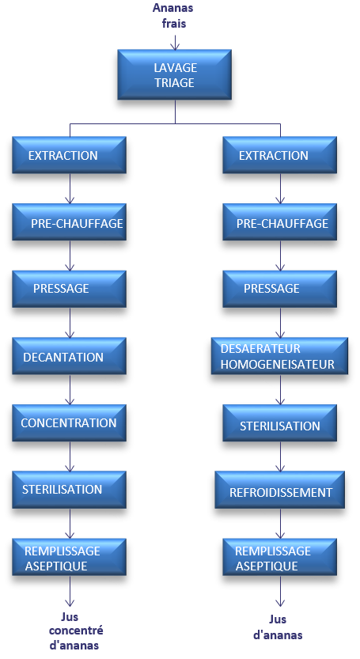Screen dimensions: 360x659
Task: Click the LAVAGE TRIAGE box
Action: click(x=175, y=75)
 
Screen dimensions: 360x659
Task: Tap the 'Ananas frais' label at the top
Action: click(x=173, y=16)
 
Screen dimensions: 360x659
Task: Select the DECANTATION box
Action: click(x=70, y=356)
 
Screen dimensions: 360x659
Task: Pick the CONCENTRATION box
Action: click(x=70, y=422)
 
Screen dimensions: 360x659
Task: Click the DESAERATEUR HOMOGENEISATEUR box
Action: click(x=279, y=356)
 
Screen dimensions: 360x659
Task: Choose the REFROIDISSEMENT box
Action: click(x=279, y=490)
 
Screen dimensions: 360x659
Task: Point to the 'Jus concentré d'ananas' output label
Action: click(x=76, y=631)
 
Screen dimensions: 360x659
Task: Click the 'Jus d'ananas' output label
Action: click(x=278, y=627)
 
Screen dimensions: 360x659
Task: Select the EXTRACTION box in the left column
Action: click(x=70, y=155)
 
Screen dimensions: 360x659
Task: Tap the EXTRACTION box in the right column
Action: click(x=279, y=155)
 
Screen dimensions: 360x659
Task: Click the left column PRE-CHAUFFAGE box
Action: click(x=70, y=222)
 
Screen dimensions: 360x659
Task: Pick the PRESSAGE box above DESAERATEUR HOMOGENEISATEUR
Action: click(x=279, y=289)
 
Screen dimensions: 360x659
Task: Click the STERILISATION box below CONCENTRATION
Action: click(x=70, y=490)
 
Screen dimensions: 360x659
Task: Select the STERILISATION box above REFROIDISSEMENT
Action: click(x=279, y=422)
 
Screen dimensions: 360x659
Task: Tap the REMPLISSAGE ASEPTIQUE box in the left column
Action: click(x=70, y=557)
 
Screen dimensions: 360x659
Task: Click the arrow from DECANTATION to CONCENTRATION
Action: click(x=70, y=389)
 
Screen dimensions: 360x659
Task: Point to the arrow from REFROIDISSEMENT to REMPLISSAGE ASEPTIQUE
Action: click(x=280, y=524)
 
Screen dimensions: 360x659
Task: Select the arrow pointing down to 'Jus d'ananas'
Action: click(x=280, y=591)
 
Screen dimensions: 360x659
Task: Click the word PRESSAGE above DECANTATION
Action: click(x=61, y=289)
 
